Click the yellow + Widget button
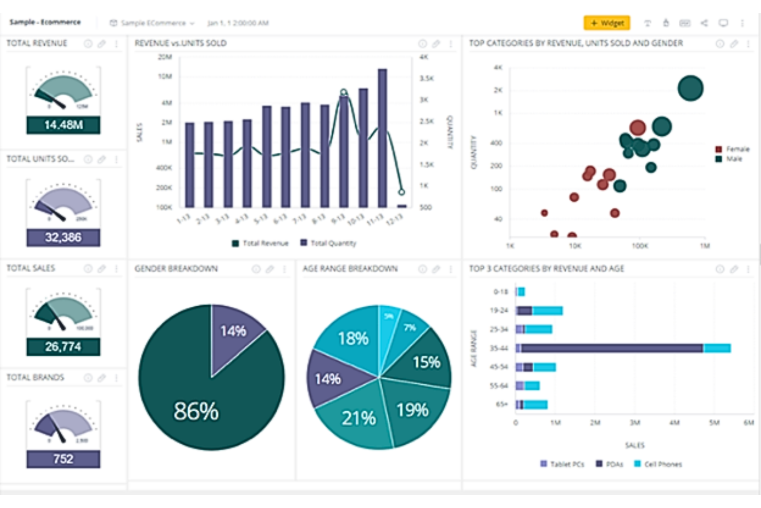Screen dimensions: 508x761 click(607, 23)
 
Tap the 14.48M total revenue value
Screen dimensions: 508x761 click(63, 125)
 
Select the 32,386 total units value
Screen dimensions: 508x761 click(63, 237)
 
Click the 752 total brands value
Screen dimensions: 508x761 click(63, 459)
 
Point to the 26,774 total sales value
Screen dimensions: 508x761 click(63, 346)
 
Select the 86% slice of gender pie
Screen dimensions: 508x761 click(195, 407)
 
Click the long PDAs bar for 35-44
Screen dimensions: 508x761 click(612, 348)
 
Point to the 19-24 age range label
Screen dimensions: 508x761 click(499, 310)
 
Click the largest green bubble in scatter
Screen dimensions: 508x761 click(690, 88)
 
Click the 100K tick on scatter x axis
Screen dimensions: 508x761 click(640, 246)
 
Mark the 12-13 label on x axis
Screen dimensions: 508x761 click(394, 219)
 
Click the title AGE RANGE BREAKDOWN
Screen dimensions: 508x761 click(350, 269)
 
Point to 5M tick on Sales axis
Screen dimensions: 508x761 click(714, 423)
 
